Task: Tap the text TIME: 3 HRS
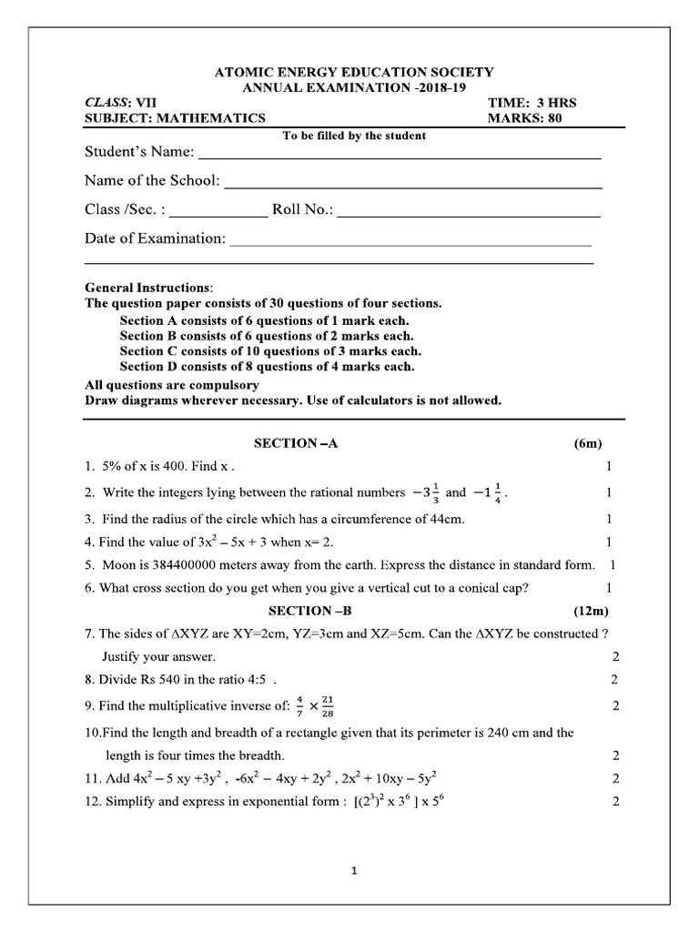point(532,103)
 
